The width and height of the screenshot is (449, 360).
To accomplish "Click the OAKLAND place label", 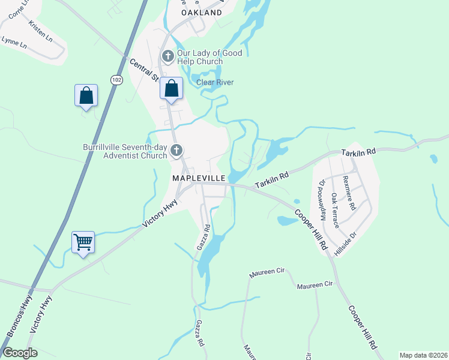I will click(201, 12).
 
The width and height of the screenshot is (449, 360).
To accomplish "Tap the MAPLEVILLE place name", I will click(199, 178).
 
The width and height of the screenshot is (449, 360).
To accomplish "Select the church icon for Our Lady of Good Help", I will click(167, 57).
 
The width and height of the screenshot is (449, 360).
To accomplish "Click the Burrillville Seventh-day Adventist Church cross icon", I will click(176, 150).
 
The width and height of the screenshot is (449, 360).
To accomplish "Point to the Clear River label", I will click(215, 82).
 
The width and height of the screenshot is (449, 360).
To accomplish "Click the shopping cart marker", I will click(83, 243).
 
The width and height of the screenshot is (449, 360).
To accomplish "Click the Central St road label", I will click(143, 70).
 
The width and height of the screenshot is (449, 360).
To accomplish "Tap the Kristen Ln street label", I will click(40, 29).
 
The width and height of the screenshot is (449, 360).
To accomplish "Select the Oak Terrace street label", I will click(336, 210).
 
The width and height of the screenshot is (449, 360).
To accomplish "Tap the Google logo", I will click(20, 353).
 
